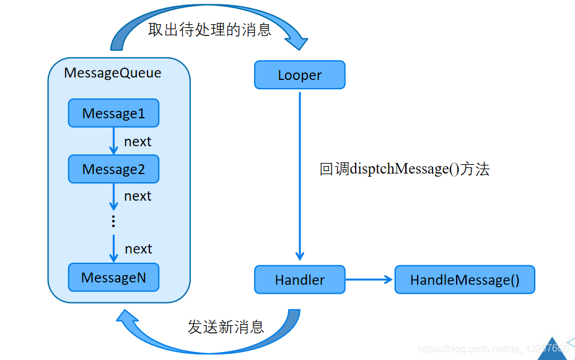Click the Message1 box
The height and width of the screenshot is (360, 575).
[x=113, y=113]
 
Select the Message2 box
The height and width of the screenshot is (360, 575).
[x=113, y=169]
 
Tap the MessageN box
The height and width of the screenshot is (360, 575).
[x=113, y=278]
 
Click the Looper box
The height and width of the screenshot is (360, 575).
[x=299, y=75]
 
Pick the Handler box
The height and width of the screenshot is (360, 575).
[x=299, y=279]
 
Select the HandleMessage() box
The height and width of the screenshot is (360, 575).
[x=464, y=279]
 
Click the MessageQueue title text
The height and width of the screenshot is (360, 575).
[x=112, y=72]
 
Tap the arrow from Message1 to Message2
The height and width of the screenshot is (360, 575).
[x=113, y=141]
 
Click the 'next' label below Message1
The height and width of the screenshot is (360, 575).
[x=138, y=141]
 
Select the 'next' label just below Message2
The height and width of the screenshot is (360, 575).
[x=138, y=196]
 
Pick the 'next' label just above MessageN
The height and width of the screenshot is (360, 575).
[x=138, y=248]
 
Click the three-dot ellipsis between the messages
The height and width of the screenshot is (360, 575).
[x=113, y=221]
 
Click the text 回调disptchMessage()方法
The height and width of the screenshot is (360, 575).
[x=404, y=169]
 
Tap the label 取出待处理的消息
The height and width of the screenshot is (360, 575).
[x=209, y=29]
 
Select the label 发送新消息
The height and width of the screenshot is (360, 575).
[x=226, y=327]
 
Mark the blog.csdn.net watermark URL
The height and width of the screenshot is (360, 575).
[x=493, y=349]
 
